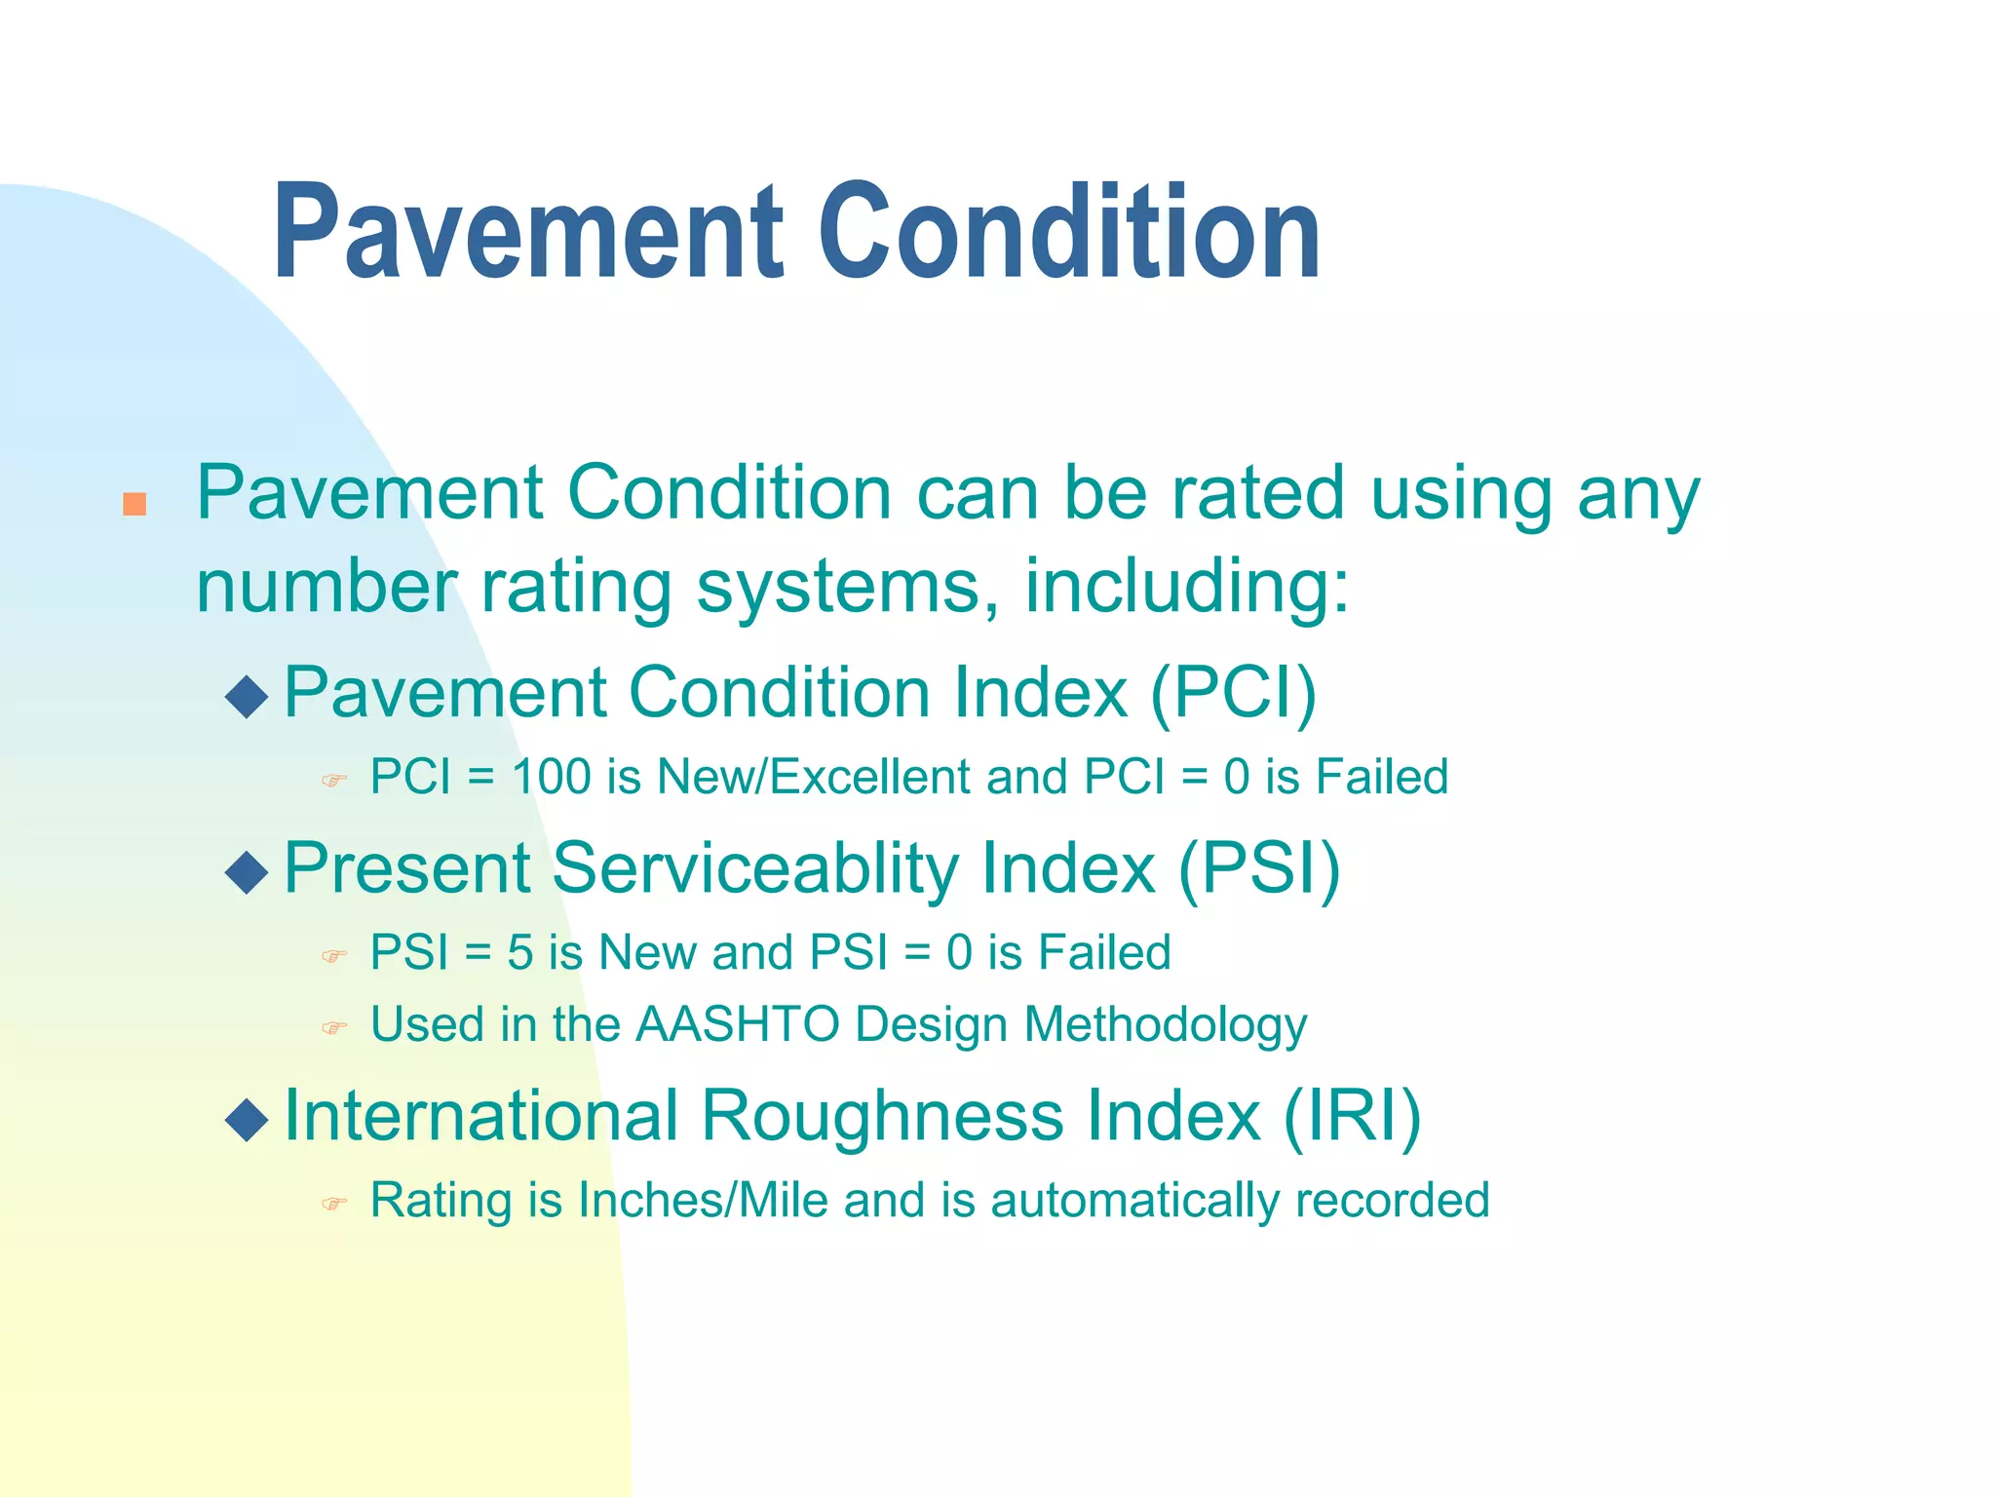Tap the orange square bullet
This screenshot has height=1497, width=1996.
click(134, 504)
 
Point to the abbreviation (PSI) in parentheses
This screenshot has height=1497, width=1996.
click(1258, 869)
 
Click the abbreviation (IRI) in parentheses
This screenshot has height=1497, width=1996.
click(1351, 1116)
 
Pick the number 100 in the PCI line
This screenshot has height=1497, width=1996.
click(552, 778)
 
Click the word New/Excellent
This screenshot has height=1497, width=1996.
click(814, 778)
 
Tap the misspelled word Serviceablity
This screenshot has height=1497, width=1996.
click(756, 869)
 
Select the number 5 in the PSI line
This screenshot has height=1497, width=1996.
click(519, 952)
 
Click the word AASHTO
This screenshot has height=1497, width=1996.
click(738, 1025)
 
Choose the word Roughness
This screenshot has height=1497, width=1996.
click(882, 1116)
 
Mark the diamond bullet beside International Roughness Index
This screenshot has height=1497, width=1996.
click(247, 1120)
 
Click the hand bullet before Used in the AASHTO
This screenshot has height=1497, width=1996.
click(334, 1028)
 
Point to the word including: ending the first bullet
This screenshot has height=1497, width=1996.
click(1186, 588)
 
